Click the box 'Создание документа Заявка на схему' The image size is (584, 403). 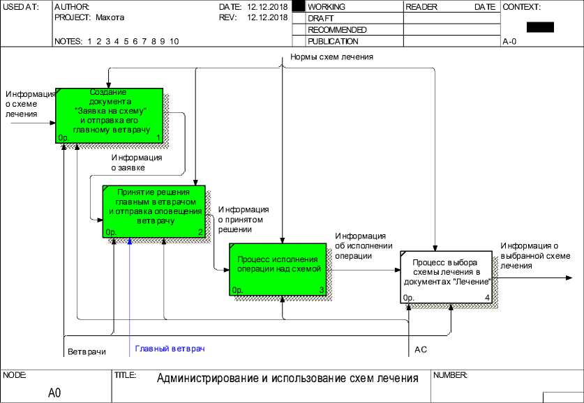(x=110, y=116)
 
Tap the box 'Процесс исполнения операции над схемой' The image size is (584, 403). (x=278, y=268)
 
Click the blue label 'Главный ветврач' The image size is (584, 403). (x=170, y=348)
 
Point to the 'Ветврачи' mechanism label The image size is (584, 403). (x=87, y=351)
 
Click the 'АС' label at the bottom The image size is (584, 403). (x=421, y=349)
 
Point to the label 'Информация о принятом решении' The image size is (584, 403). (x=244, y=219)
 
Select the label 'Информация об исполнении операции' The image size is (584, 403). (x=360, y=245)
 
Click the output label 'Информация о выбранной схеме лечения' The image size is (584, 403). (x=530, y=255)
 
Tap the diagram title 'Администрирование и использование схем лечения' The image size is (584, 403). (x=287, y=379)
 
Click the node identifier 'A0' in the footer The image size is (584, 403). (x=54, y=393)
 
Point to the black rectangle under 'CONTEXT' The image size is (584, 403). (x=540, y=27)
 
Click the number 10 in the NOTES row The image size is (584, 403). (x=174, y=41)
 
